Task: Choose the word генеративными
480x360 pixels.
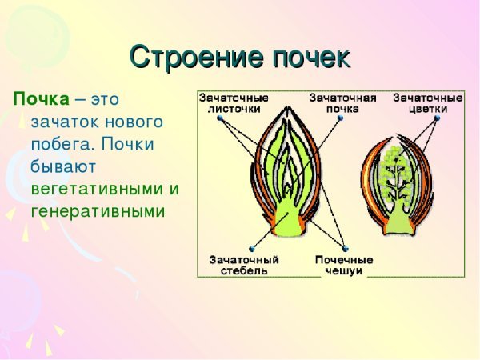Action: click(97, 212)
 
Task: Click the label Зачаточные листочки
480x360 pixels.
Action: click(234, 102)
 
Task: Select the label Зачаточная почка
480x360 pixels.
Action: click(342, 102)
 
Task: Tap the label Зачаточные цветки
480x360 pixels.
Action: click(428, 102)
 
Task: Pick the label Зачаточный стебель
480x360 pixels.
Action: click(244, 265)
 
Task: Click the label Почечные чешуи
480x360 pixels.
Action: click(344, 265)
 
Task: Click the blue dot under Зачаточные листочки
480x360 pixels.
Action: click(219, 118)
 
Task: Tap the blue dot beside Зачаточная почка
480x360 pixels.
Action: click(340, 118)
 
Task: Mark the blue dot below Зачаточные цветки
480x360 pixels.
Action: click(436, 118)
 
